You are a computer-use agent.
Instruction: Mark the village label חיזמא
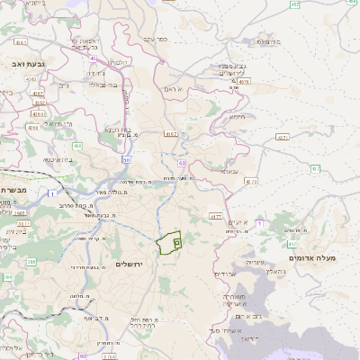pyautogui.click(x=237, y=116)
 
